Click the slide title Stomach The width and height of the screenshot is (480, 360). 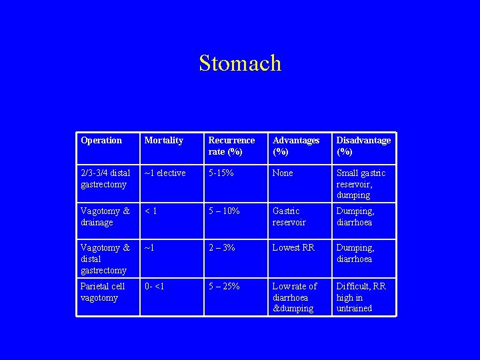click(x=240, y=63)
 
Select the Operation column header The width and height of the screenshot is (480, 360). click(x=101, y=141)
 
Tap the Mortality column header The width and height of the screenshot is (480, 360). click(x=163, y=141)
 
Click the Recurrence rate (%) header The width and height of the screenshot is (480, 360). click(x=231, y=146)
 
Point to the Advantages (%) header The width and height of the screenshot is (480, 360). click(x=296, y=146)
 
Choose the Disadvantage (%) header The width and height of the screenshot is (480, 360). click(x=363, y=146)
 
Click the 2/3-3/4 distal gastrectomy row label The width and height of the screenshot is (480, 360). click(x=105, y=179)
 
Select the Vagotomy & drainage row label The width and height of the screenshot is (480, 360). click(x=105, y=217)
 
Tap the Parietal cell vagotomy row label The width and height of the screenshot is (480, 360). click(x=103, y=292)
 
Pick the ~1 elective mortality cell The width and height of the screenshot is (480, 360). click(x=165, y=173)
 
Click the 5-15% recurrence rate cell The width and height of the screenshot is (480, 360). click(x=222, y=173)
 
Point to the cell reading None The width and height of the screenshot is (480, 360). click(x=283, y=173)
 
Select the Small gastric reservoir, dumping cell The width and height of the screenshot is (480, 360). click(x=361, y=184)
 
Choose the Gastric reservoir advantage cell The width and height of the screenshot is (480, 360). click(x=289, y=217)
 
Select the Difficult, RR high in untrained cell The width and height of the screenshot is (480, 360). click(x=361, y=297)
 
